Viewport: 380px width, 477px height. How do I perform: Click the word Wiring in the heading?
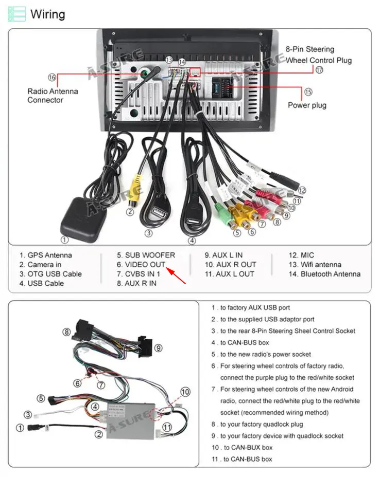48,14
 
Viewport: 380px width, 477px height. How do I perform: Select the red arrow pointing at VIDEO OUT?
176,274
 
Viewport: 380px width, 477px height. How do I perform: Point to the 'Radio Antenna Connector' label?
53,96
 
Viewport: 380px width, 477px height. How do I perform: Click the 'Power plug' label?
307,105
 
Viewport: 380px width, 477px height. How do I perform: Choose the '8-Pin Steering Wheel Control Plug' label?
319,55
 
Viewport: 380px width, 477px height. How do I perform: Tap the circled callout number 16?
51,77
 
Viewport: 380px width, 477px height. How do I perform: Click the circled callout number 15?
308,93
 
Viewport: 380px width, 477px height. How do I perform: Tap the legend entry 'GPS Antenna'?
46,255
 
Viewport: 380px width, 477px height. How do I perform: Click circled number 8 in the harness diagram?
66,332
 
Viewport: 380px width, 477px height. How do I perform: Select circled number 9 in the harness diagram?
158,348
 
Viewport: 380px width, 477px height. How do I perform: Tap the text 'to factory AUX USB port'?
255,308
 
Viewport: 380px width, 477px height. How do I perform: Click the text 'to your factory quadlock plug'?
262,424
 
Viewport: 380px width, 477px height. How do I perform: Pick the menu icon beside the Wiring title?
16,14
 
